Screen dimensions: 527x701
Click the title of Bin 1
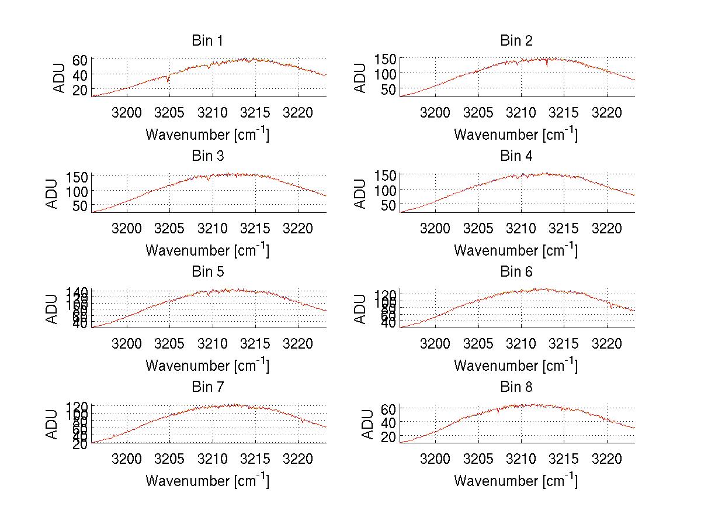(207, 41)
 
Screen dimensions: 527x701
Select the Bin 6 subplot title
(516, 272)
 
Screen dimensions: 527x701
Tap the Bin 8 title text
(516, 387)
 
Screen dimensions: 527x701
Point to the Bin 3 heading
(207, 156)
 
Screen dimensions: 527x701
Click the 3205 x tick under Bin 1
(169, 112)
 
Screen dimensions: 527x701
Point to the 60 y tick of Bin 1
(80, 60)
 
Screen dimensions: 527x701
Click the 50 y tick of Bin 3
(80, 205)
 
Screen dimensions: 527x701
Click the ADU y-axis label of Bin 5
(53, 308)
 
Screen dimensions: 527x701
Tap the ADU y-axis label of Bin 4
(362, 193)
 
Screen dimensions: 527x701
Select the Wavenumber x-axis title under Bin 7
(207, 481)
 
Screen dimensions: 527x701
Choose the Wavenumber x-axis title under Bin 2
(516, 135)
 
